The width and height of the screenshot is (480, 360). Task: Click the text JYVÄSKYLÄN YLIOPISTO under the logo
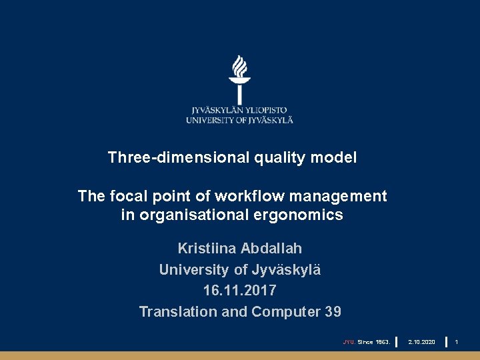coord(239,110)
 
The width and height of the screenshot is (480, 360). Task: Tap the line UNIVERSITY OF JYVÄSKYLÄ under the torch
coord(239,120)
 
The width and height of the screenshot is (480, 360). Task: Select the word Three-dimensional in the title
coord(179,158)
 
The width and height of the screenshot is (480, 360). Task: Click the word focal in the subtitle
coord(126,196)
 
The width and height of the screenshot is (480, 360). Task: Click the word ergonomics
coord(307,215)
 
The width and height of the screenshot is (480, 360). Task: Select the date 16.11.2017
coord(239,291)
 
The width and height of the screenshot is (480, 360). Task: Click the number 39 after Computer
coord(333,311)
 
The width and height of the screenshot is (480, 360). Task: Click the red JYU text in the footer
coord(349,342)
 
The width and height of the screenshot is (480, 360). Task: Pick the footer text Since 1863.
coord(373,342)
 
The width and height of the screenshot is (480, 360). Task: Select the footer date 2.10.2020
coord(421,342)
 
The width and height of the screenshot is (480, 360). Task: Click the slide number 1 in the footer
coord(457,342)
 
